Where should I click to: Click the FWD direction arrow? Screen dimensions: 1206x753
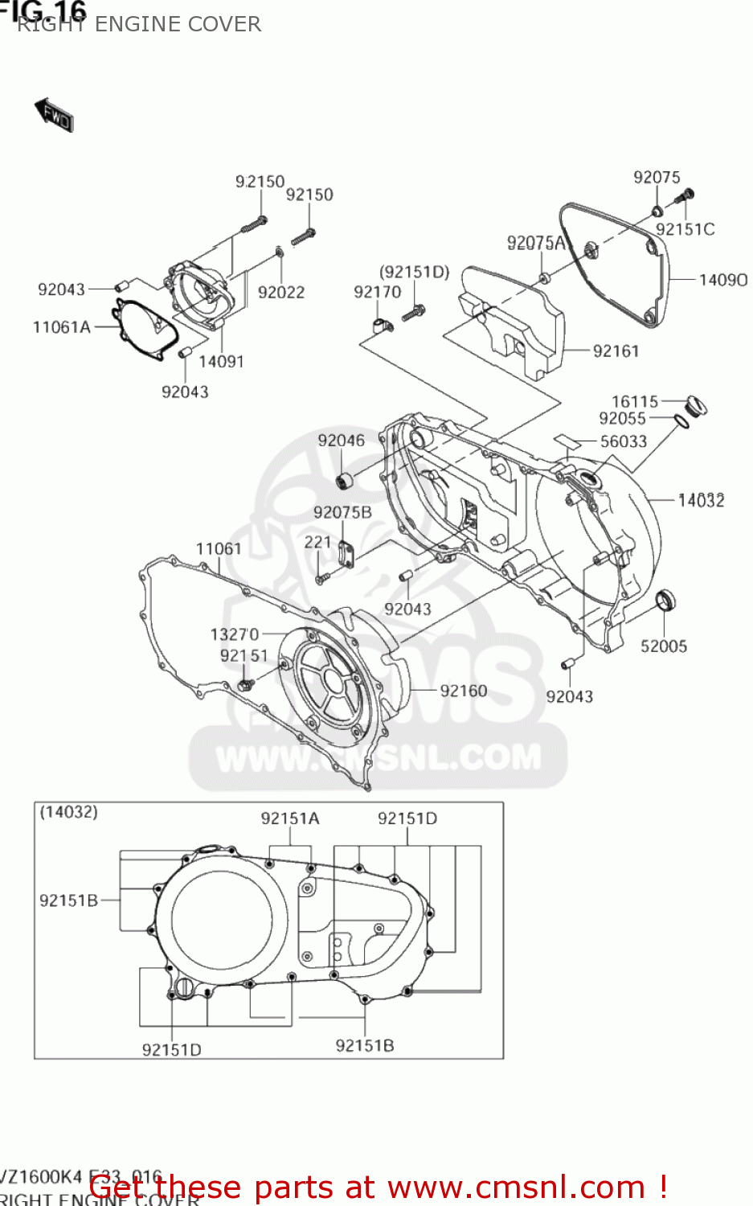(54, 115)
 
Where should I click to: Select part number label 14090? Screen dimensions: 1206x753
(722, 280)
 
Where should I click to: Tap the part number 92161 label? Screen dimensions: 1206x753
(616, 351)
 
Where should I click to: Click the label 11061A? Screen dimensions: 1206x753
(61, 327)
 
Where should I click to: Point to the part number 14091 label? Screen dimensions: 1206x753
(221, 362)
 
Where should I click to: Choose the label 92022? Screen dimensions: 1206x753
(281, 293)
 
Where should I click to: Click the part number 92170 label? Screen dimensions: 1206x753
(377, 293)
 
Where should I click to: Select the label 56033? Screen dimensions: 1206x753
(624, 441)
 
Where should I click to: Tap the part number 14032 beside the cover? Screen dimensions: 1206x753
(701, 501)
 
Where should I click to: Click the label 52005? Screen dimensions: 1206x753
(664, 646)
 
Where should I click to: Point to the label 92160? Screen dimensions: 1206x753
(464, 691)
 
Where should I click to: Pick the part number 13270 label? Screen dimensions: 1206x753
(235, 634)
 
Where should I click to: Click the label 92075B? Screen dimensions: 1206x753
(342, 512)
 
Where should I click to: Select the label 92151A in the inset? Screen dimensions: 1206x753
(290, 818)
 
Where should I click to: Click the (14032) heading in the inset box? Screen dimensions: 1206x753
(69, 812)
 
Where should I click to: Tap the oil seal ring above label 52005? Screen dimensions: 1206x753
(666, 600)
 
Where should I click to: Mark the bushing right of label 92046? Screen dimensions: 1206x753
(346, 481)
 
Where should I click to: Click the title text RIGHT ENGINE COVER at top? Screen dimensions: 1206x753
(139, 24)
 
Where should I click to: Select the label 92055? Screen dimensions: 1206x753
(622, 418)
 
